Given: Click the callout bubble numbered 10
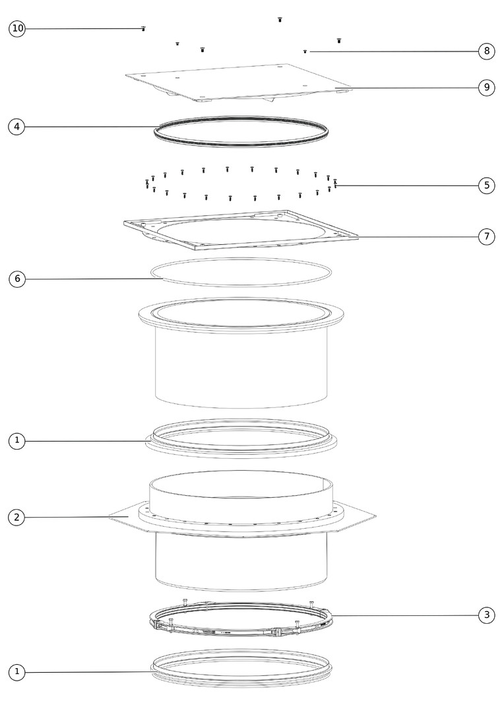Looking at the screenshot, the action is [17, 28].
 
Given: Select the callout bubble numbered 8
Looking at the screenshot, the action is [487, 50].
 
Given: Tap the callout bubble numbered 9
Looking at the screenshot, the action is [487, 87].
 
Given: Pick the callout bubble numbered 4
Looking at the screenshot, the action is [16, 126].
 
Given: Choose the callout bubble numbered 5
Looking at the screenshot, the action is [487, 185].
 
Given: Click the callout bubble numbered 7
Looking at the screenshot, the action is [487, 236].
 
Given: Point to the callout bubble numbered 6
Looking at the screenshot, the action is [17, 279].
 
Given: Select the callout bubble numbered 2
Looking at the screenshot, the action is [16, 517].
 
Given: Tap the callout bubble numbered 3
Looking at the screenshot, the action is [487, 615].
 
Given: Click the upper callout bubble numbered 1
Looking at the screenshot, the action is [16, 440].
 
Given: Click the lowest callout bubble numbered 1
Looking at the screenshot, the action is [16, 671].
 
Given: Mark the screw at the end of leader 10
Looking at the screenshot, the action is [143, 28].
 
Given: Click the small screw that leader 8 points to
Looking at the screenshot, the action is [305, 52].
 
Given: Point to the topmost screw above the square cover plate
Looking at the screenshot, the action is [280, 20].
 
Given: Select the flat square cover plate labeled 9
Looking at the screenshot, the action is [239, 83].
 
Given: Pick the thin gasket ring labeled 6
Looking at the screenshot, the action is [241, 286].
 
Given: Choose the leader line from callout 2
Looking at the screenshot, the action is [77, 517].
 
